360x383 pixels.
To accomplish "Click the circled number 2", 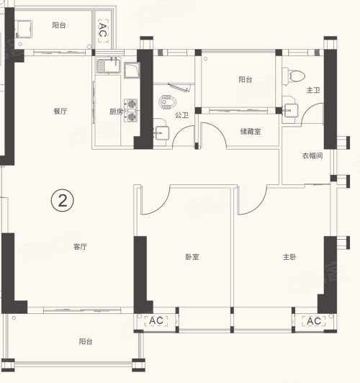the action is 62,201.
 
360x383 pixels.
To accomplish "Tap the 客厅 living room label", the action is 80,247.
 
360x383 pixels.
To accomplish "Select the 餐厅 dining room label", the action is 60,112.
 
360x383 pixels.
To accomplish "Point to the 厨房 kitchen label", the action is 116,112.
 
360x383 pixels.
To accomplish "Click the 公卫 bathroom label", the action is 181,115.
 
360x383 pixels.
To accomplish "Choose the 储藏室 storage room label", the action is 251,132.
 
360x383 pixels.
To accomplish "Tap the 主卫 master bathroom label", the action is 313,90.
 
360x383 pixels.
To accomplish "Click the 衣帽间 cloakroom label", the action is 312,156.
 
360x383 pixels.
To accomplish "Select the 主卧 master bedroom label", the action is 289,257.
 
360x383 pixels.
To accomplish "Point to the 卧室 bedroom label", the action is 192,257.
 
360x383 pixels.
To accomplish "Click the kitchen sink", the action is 109,66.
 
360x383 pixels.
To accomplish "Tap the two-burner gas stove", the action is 130,110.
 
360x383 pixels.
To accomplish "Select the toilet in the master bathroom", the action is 294,76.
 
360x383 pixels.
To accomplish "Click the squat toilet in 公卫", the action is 167,102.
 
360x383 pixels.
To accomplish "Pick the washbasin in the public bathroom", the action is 161,132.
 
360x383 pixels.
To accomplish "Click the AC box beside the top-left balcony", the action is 103,31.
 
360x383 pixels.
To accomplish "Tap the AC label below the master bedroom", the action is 314,321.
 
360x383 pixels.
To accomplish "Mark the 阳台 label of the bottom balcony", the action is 86,341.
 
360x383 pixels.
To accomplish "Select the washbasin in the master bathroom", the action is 290,110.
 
